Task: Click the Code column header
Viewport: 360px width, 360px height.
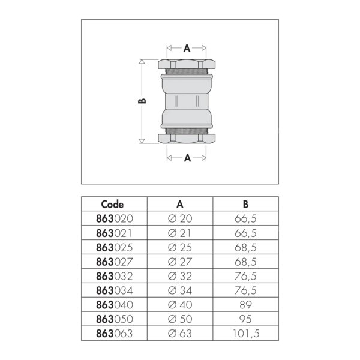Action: (x=112, y=204)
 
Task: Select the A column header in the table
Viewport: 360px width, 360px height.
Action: (x=180, y=204)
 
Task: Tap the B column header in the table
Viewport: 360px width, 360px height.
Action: (x=245, y=204)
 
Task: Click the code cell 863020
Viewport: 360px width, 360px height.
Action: (x=115, y=218)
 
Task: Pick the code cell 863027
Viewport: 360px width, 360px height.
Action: (x=115, y=262)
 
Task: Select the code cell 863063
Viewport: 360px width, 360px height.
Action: (x=115, y=334)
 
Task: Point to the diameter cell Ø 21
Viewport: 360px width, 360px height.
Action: (x=179, y=233)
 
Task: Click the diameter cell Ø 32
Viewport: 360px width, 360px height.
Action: (x=180, y=276)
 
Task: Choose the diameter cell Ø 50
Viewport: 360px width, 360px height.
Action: (x=180, y=319)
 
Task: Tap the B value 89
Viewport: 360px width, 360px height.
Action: (x=245, y=305)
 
